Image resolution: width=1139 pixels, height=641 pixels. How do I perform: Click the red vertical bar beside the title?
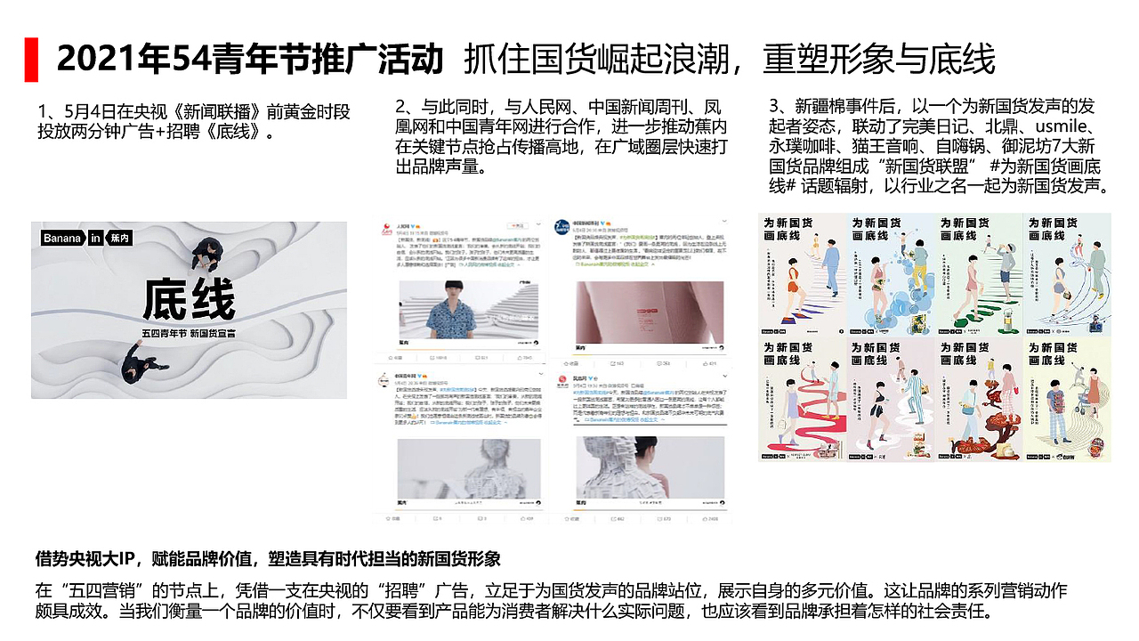pos(31,59)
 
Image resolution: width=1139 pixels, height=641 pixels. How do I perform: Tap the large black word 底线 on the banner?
pos(189,299)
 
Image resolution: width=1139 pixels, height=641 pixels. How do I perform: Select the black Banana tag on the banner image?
pos(62,238)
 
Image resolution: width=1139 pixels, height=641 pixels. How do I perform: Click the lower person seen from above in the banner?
pos(141,365)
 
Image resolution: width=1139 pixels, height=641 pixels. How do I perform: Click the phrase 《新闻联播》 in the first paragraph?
pos(215,112)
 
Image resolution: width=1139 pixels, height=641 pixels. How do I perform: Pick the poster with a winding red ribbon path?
pos(800,400)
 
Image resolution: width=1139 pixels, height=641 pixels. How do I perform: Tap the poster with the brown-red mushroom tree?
pos(978,400)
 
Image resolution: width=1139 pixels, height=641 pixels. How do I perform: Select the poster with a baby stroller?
pos(1067,400)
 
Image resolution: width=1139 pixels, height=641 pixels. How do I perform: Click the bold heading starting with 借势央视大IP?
pos(268,559)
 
